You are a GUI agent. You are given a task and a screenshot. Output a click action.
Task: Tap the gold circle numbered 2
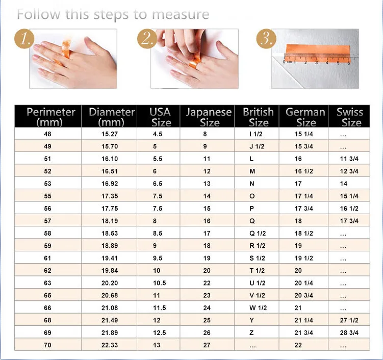146,39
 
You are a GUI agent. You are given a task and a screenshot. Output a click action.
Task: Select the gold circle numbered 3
265,39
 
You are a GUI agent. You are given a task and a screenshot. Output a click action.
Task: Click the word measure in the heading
178,14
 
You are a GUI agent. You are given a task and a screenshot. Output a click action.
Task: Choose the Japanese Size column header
209,117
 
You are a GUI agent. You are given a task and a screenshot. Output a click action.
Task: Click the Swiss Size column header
350,117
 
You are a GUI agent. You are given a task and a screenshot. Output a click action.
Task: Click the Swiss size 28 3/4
349,332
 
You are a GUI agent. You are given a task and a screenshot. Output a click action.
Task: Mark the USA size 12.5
159,332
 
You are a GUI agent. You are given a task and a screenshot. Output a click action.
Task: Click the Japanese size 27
207,345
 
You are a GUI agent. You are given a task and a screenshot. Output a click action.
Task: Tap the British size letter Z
252,332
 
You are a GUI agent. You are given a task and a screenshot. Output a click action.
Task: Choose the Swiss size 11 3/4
349,159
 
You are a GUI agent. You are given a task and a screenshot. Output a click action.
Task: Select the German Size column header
306,117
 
